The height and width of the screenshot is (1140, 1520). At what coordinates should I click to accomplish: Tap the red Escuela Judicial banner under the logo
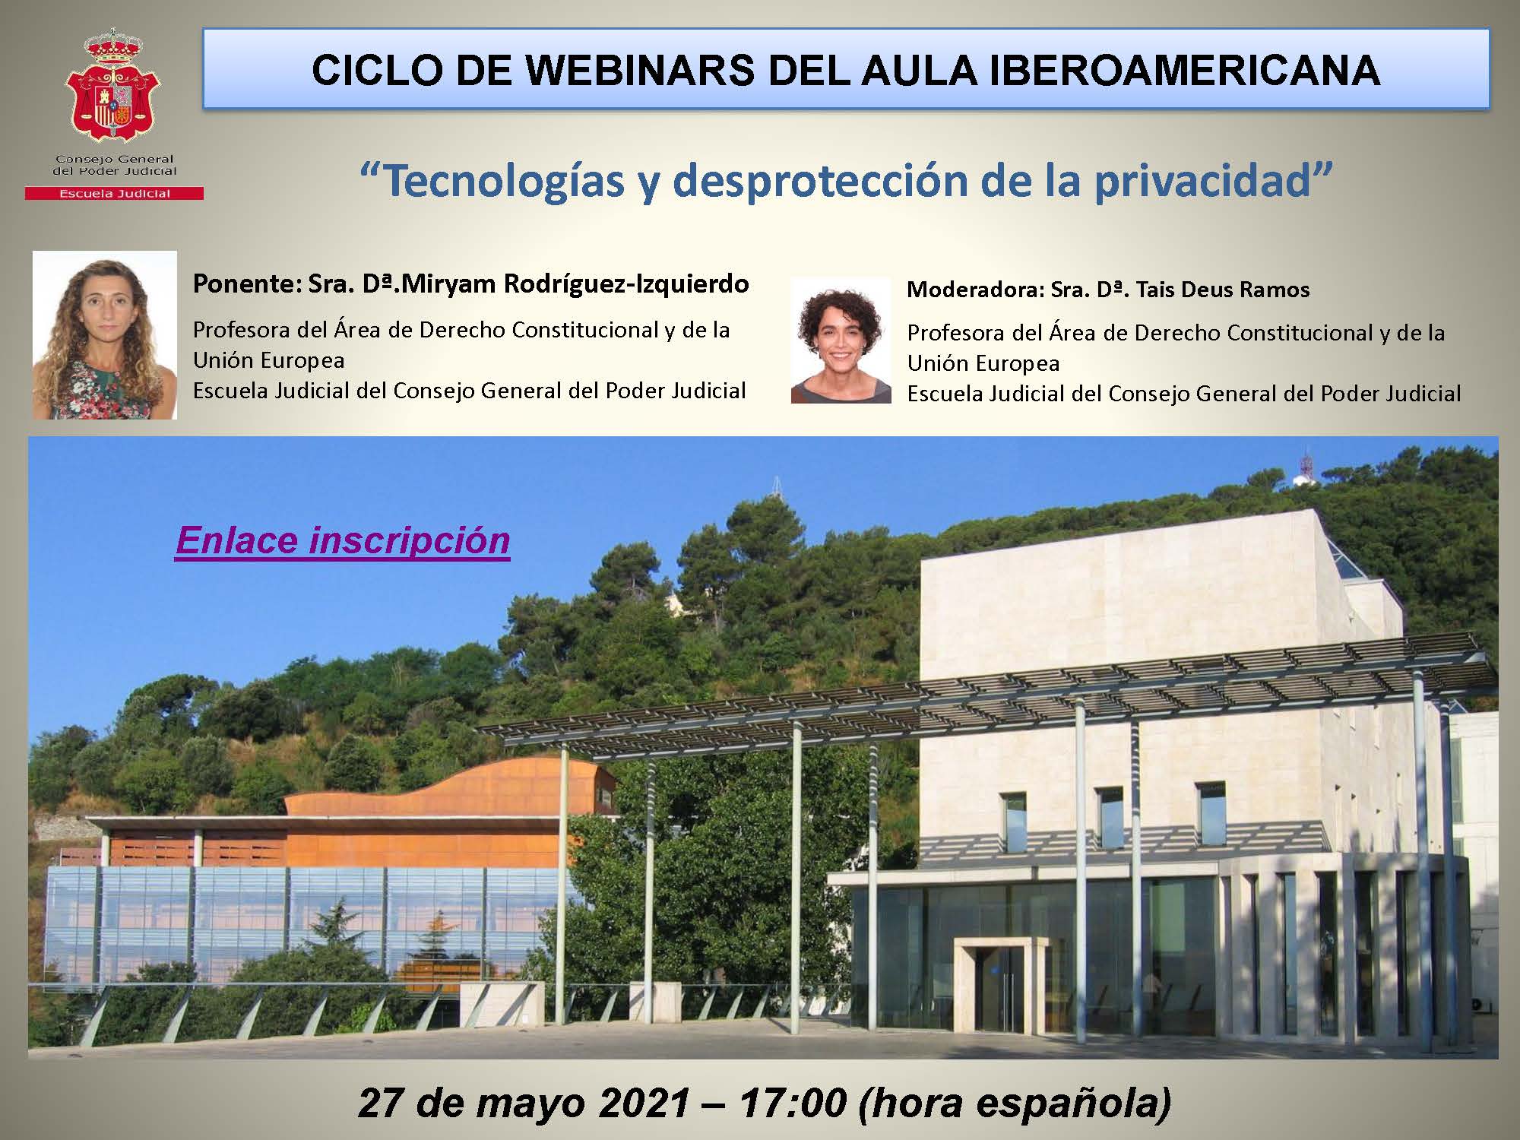click(114, 194)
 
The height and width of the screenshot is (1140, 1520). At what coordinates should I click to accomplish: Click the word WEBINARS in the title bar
click(639, 70)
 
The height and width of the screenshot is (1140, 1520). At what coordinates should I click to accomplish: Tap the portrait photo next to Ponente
click(105, 335)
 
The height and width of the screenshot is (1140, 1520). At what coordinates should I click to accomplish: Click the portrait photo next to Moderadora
click(841, 340)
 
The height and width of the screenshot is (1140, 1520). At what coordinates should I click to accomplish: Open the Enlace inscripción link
click(343, 540)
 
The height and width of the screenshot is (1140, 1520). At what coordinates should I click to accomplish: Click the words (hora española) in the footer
click(1015, 1104)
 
